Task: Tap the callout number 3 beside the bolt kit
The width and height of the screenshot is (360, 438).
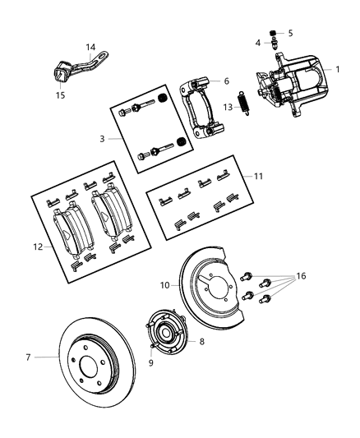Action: click(x=102, y=139)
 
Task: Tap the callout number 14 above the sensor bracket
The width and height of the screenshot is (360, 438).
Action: click(x=90, y=48)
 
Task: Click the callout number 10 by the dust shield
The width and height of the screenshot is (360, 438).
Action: click(x=164, y=286)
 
